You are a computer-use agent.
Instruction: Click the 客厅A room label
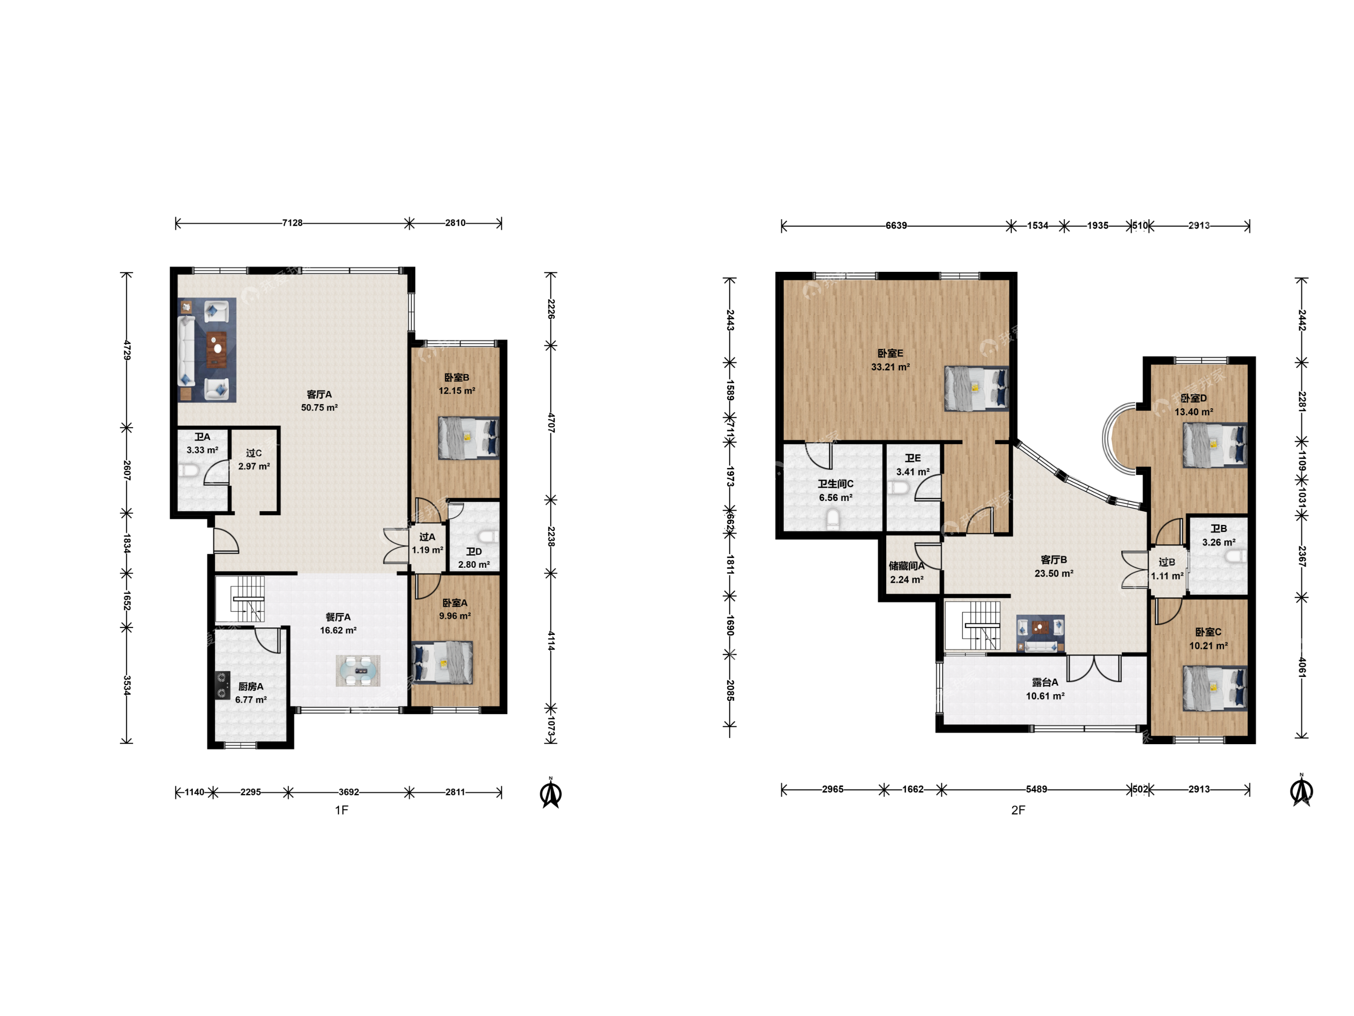(319, 394)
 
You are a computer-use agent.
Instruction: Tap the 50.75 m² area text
(319, 407)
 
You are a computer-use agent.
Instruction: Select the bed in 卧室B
(468, 438)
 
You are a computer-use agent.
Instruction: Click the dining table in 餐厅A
(358, 671)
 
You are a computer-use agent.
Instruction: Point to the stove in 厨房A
(221, 685)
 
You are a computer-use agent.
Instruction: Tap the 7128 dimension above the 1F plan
(292, 223)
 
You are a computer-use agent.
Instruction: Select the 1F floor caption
(342, 810)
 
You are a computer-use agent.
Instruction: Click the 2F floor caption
(1018, 810)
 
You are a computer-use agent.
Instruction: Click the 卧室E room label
(890, 353)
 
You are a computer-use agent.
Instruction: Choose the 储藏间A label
(906, 566)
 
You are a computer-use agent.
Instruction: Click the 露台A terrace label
(1045, 682)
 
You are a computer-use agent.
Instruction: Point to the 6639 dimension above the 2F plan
(896, 225)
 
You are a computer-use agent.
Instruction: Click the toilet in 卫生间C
(833, 520)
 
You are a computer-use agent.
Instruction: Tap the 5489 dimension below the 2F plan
(1036, 789)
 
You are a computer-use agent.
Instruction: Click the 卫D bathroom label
(474, 551)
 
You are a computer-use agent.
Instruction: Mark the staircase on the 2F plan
(973, 625)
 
